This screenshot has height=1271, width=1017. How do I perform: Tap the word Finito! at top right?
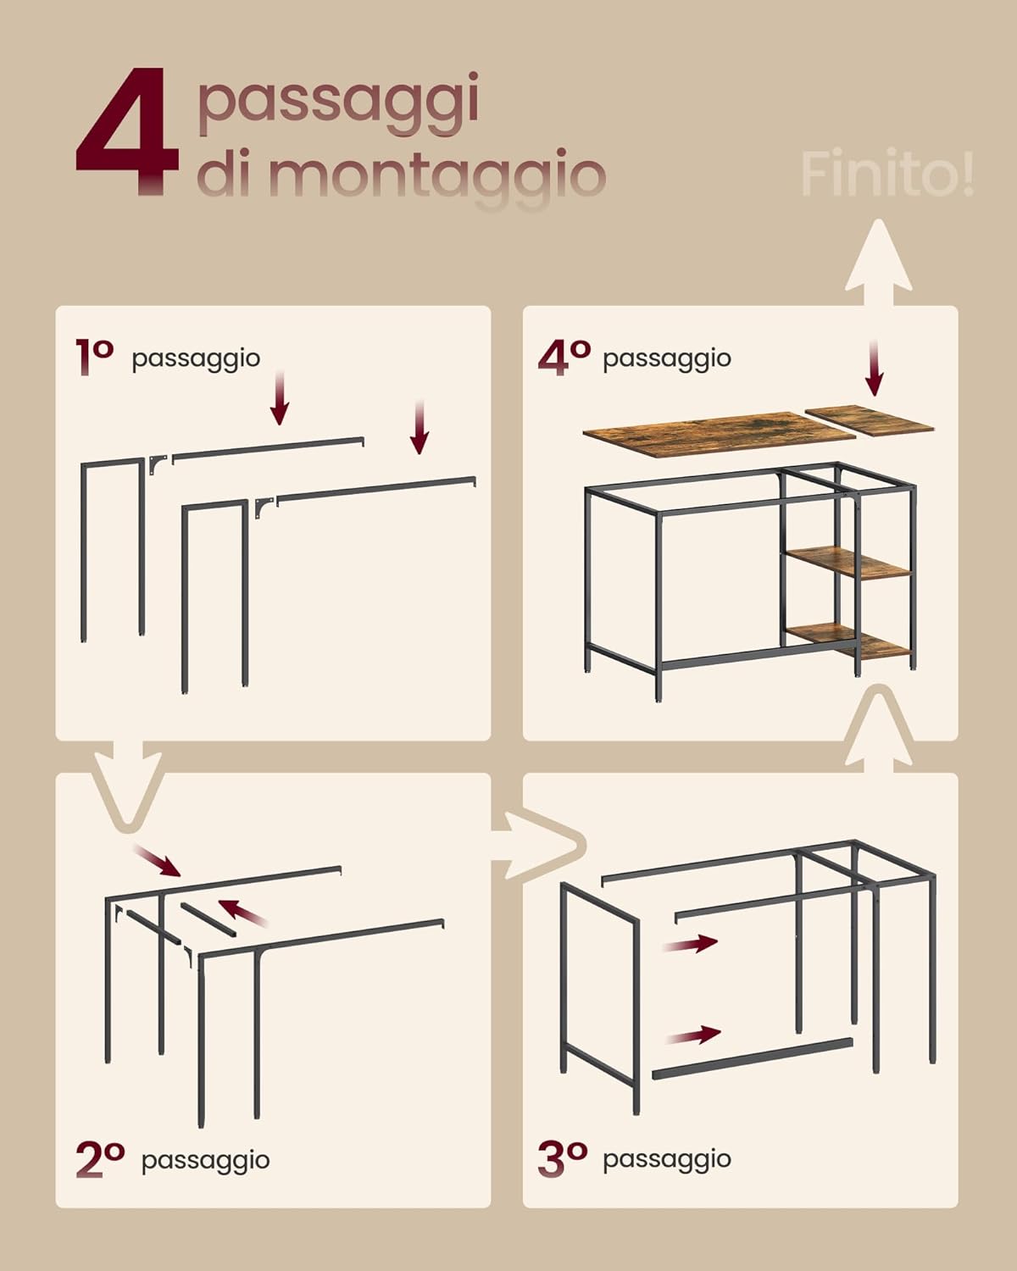tap(886, 175)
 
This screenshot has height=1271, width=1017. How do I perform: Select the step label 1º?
tap(94, 356)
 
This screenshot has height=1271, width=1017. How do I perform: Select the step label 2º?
tap(100, 1159)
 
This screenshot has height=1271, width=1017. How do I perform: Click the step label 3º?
tap(562, 1158)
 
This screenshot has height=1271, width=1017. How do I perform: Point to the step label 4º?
tap(564, 357)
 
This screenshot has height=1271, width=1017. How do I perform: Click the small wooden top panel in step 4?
tap(870, 419)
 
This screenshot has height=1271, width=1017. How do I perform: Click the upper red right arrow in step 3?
tap(691, 943)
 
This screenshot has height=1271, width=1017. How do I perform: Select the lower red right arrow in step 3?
tap(693, 1035)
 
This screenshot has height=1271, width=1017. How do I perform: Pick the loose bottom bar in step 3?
tap(752, 1058)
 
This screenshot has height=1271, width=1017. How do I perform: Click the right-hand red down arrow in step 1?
tap(419, 428)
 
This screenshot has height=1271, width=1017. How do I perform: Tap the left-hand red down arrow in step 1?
tap(280, 398)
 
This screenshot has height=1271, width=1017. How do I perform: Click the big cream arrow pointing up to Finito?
tap(879, 263)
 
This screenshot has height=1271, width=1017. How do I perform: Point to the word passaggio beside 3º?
tap(666, 1158)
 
